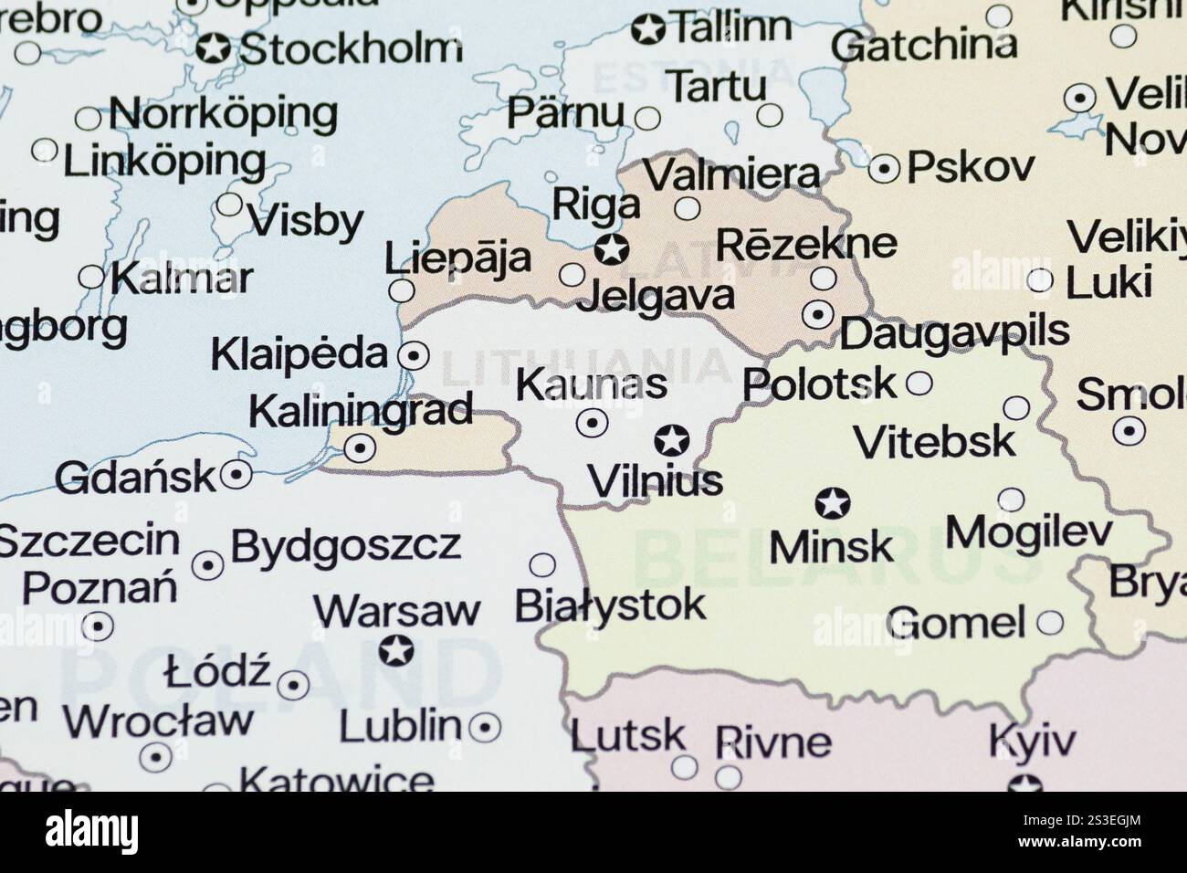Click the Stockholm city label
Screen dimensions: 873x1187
point(350,48)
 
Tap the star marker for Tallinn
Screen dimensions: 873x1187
point(648,29)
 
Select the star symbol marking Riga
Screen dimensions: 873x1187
point(611,247)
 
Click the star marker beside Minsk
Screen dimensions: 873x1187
point(832,502)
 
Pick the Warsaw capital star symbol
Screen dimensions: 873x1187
point(396,651)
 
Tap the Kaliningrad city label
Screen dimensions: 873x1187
point(361,411)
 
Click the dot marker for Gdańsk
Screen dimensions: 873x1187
point(237,474)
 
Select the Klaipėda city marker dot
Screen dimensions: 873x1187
point(415,354)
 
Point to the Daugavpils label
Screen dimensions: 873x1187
point(953,332)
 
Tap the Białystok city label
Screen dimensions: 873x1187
point(610,605)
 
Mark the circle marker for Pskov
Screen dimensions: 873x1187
point(884,169)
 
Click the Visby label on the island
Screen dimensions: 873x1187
point(306,221)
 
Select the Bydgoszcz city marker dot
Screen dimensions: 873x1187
point(208,565)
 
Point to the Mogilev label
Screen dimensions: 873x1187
point(1029,532)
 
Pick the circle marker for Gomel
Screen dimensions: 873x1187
point(1050,624)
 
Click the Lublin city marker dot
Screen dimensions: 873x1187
point(484,727)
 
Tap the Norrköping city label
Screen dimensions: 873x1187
point(223,115)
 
